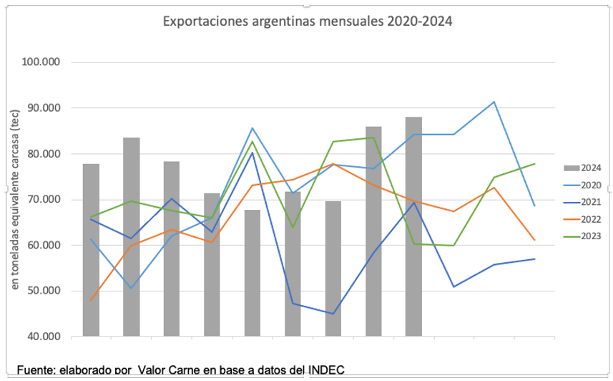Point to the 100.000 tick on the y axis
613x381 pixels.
tap(42, 62)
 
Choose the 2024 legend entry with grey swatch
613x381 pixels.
tap(582, 168)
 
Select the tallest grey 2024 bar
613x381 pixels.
tap(413, 226)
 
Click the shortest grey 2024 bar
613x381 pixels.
tap(252, 273)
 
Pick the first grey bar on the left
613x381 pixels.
tap(91, 250)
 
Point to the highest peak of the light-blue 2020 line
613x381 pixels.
tap(494, 102)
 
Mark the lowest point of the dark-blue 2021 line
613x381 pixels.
tap(333, 314)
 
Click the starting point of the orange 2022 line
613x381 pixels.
tap(91, 300)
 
